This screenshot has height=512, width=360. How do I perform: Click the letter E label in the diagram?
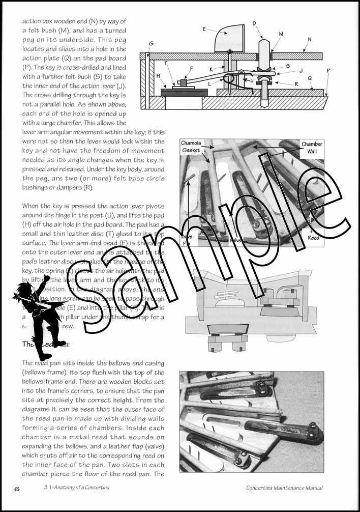click(x=204, y=30)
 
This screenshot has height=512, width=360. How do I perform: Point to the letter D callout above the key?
click(x=254, y=23)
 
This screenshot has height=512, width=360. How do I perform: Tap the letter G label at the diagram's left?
click(x=151, y=44)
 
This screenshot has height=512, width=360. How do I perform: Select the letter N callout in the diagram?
click(x=310, y=39)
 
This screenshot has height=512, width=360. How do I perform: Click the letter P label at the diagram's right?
click(x=328, y=71)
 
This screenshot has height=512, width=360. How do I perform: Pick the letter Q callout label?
click(x=309, y=78)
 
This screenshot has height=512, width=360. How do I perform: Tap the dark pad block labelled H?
click(x=184, y=92)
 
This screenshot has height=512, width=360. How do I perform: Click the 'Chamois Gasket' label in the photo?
click(x=191, y=147)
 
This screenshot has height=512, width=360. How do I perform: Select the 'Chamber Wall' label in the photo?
click(x=312, y=148)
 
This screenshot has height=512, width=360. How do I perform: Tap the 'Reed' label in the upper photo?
click(x=314, y=238)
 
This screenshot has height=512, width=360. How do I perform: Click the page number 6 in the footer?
click(x=17, y=489)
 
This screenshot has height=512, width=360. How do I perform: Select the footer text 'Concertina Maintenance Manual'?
click(x=284, y=488)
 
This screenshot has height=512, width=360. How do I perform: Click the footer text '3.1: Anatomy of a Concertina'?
click(x=78, y=488)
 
